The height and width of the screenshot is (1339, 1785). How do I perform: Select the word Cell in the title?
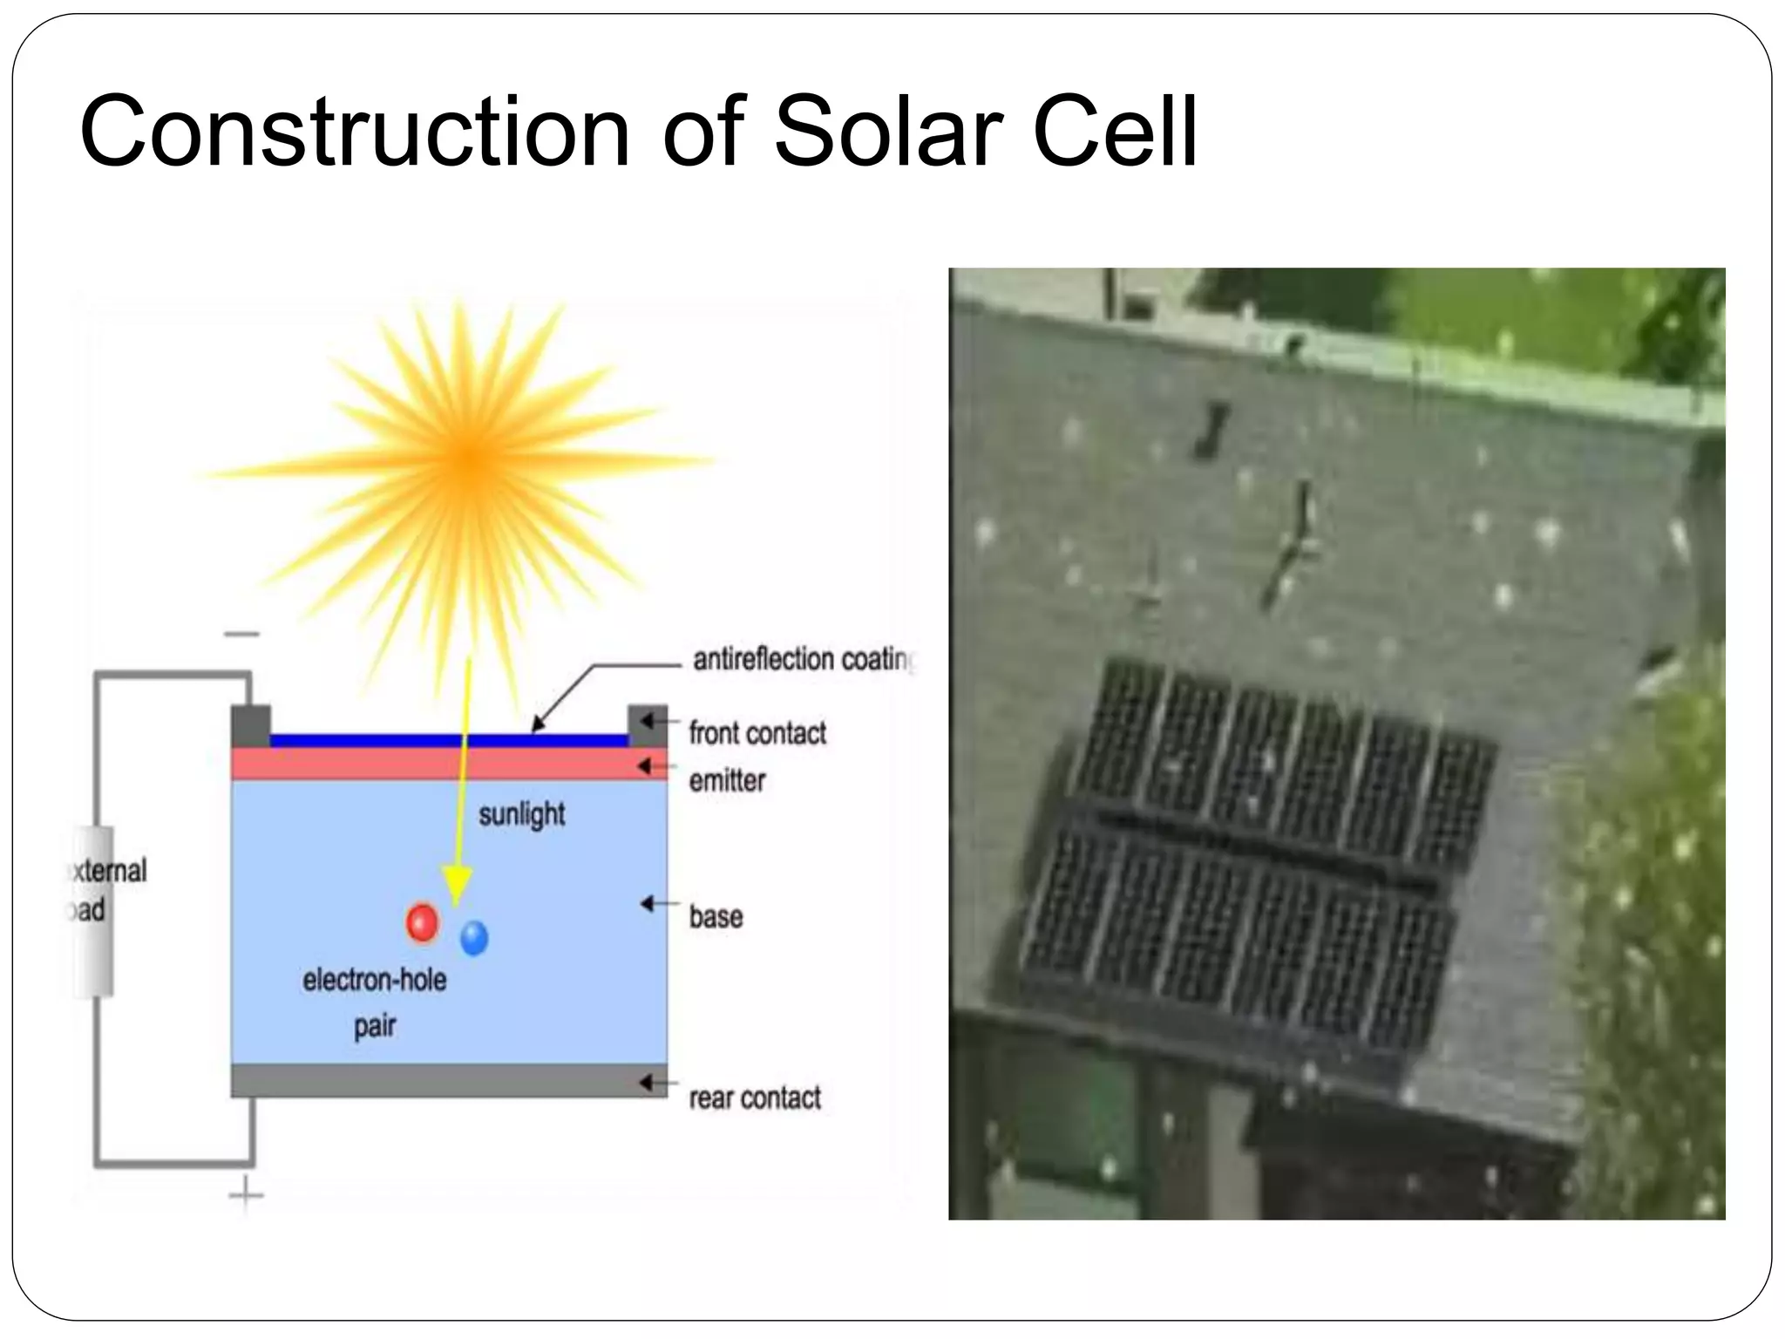click(1115, 133)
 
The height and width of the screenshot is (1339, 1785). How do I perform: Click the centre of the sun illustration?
click(468, 457)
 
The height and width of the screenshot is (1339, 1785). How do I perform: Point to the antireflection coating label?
click(802, 660)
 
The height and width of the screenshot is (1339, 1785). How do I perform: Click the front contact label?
click(757, 733)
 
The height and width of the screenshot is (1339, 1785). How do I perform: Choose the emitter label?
click(727, 780)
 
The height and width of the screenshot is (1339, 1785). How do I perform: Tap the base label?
click(716, 916)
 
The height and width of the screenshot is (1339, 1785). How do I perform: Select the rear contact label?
click(755, 1098)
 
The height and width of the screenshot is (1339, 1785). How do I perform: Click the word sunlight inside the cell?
click(521, 814)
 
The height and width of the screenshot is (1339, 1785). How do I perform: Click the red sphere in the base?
click(423, 923)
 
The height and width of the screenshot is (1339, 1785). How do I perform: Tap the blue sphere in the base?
click(474, 938)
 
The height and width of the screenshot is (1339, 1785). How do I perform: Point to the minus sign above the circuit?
click(241, 634)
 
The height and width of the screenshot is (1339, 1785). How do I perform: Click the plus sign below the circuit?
click(246, 1193)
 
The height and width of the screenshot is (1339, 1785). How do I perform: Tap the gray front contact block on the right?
click(648, 725)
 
